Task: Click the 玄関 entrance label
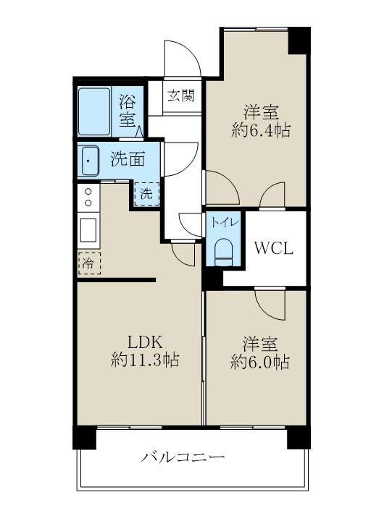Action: (181, 96)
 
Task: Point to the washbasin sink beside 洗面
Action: (90, 159)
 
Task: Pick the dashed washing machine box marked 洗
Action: (146, 193)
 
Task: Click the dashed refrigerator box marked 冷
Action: (87, 263)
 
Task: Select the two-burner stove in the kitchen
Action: (88, 197)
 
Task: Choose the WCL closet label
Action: (273, 248)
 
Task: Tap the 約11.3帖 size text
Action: (145, 360)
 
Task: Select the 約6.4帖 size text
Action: (262, 131)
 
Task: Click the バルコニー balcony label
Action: (183, 457)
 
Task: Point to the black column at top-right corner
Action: (299, 40)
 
